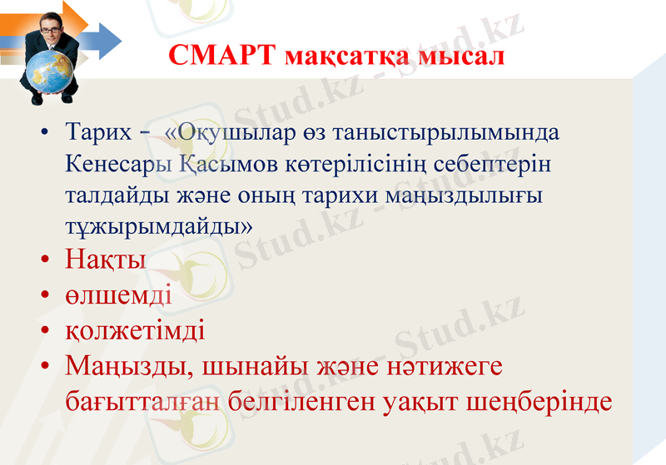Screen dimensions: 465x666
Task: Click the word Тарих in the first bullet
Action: pyautogui.click(x=98, y=132)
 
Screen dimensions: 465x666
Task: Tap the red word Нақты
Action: pyautogui.click(x=106, y=259)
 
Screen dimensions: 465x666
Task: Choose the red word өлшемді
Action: pyautogui.click(x=118, y=294)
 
